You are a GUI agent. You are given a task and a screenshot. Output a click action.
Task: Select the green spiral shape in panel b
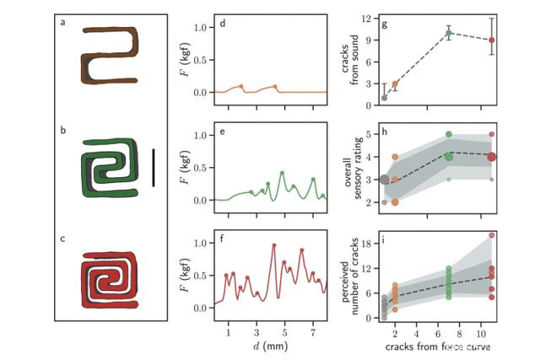point(110,169)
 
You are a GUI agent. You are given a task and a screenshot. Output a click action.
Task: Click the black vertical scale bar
point(154,167)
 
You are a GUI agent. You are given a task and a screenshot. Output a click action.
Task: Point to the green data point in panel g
point(449,34)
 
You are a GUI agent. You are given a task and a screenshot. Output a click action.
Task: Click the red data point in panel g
point(492,40)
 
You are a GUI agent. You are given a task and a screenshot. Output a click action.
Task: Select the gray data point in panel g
point(385,98)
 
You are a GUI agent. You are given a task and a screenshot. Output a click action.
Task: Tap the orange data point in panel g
point(395,84)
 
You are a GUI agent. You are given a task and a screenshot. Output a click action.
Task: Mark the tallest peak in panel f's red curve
point(273,245)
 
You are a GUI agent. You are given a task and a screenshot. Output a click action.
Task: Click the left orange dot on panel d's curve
point(241,87)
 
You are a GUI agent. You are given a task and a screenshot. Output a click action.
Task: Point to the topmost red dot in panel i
point(492,235)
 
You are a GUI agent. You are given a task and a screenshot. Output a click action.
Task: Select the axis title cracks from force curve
point(439,347)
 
